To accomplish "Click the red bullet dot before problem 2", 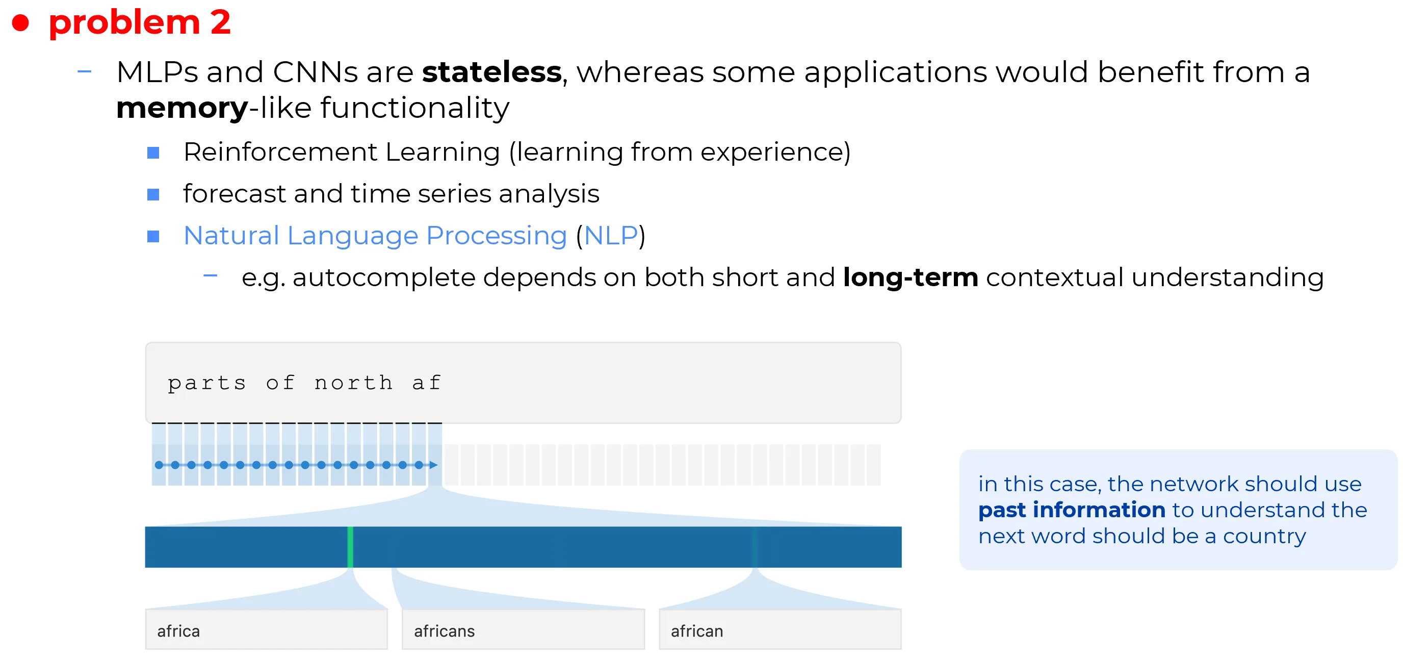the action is (x=21, y=23).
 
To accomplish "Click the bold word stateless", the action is (x=492, y=72).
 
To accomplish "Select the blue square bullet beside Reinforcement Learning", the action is (x=153, y=153).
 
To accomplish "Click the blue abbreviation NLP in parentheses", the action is (x=611, y=236).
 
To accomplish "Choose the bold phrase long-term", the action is (x=910, y=278).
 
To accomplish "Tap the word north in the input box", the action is (x=353, y=383).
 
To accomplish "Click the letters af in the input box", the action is (x=426, y=383).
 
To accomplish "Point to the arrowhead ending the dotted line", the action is (x=433, y=465).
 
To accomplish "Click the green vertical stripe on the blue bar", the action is (x=350, y=546).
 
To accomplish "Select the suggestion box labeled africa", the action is (x=266, y=629).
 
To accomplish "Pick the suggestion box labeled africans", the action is (x=523, y=629).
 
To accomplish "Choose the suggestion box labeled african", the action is (x=780, y=629).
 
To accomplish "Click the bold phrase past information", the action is (x=1071, y=510).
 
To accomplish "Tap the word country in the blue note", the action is (x=1264, y=537).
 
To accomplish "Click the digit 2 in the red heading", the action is (x=221, y=22).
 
